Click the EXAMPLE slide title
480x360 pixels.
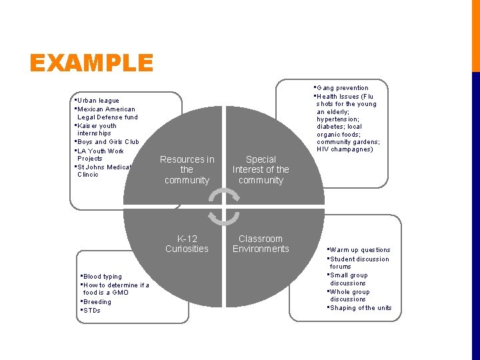(91, 64)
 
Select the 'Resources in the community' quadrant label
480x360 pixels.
(187, 170)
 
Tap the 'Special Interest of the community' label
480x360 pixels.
(261, 170)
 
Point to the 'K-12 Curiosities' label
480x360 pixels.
(187, 244)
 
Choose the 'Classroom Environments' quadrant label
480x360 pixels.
(261, 244)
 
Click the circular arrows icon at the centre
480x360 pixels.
(223, 205)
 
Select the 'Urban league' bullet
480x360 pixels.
(98, 101)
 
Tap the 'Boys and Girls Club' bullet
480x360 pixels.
(108, 142)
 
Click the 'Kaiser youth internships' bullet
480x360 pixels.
(97, 129)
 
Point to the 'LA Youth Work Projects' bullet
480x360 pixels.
(100, 155)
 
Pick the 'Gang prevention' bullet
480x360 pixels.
(343, 88)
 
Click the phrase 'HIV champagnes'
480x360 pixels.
(345, 149)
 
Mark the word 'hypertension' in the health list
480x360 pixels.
(338, 119)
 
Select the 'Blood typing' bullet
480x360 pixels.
(103, 277)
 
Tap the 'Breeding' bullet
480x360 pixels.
(97, 302)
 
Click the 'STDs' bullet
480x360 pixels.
(92, 311)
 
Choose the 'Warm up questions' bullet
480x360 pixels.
(360, 250)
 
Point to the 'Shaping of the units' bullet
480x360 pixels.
(361, 308)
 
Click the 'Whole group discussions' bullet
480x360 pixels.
(349, 295)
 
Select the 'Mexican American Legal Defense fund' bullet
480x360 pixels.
(107, 113)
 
